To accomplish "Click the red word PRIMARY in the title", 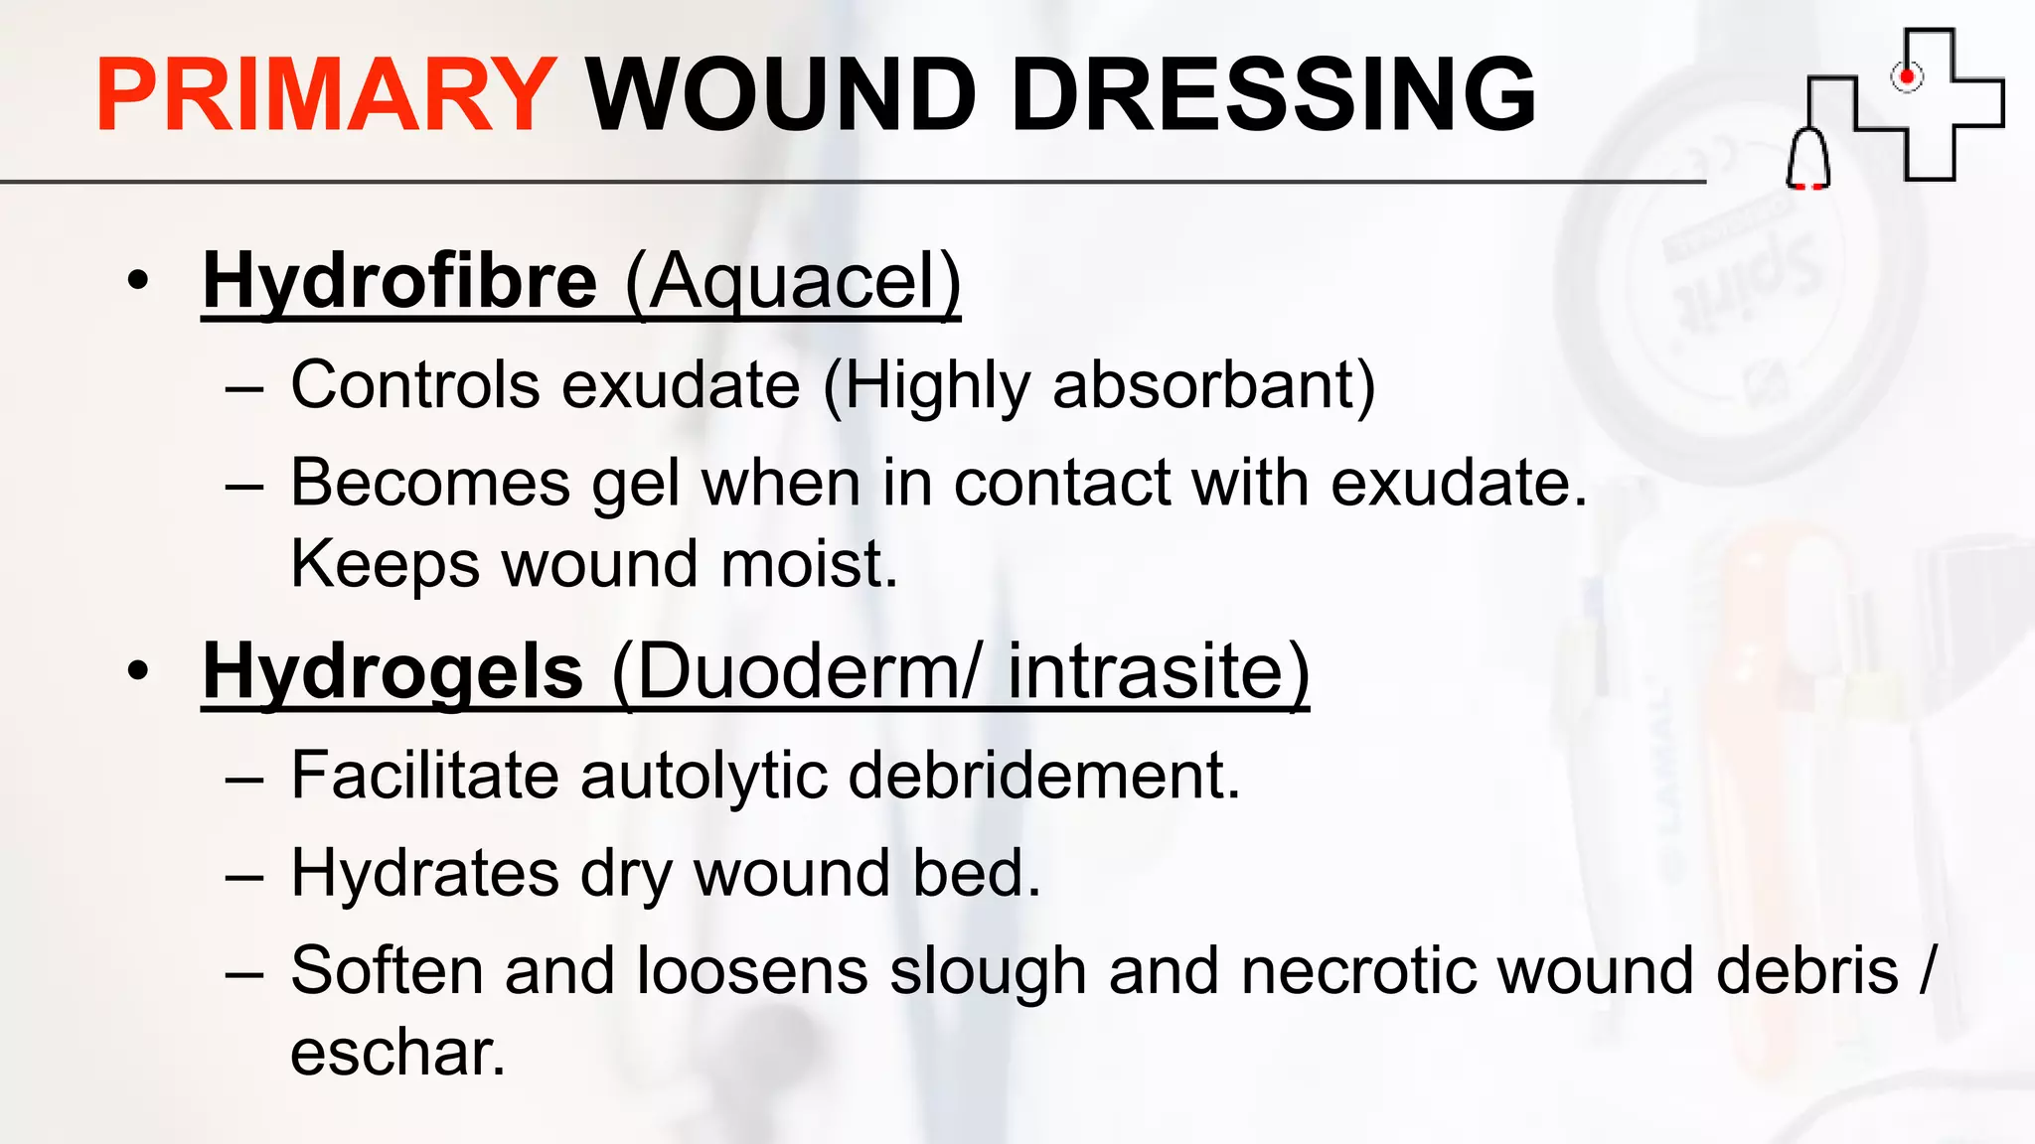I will pos(325,95).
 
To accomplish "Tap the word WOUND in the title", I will pos(781,95).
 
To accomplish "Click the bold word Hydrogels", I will pos(392,672).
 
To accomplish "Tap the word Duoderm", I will pos(792,672).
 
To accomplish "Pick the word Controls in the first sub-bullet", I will pos(415,385).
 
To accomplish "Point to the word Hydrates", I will pos(425,874).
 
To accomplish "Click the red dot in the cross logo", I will pos(1906,76).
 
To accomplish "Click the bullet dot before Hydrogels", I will pos(138,671).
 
